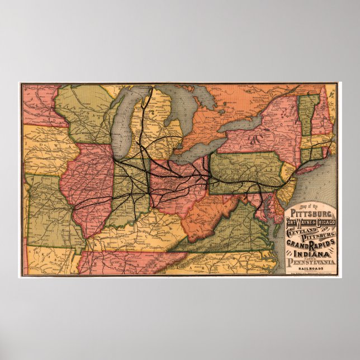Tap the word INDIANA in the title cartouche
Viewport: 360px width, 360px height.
(306, 254)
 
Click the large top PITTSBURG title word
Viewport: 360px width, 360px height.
(310, 214)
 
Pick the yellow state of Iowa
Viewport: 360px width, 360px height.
(48, 151)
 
